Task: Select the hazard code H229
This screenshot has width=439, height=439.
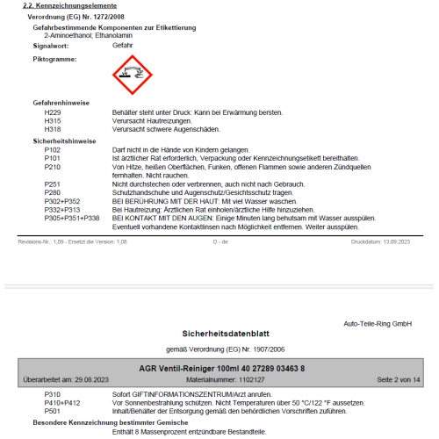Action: tap(53, 112)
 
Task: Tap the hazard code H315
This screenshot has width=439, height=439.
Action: tap(53, 120)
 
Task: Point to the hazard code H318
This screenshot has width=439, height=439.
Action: tap(53, 128)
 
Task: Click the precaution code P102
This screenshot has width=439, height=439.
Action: tap(53, 150)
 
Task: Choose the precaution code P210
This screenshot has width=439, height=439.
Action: tap(53, 166)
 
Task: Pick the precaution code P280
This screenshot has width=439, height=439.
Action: tap(53, 191)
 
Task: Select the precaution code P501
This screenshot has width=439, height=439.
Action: tap(53, 410)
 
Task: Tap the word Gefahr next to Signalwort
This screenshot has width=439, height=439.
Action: tap(125, 43)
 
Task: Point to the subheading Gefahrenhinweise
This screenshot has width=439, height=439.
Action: tap(61, 103)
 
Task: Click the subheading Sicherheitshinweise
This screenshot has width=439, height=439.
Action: tap(64, 140)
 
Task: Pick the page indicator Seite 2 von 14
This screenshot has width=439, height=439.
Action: tap(399, 378)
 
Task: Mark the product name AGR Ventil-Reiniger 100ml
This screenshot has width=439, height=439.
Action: tap(174, 367)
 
